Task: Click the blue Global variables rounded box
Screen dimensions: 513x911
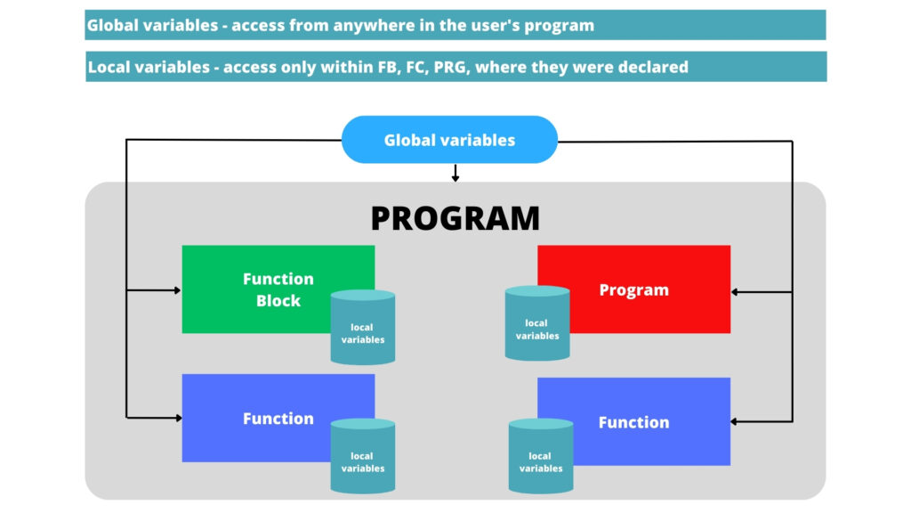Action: (449, 140)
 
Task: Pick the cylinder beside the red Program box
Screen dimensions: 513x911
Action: (536, 324)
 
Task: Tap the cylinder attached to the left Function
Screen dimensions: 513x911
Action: (362, 456)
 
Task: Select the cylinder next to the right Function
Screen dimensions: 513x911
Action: (541, 456)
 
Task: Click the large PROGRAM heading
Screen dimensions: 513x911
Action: (455, 218)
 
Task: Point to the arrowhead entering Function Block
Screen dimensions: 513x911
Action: (176, 290)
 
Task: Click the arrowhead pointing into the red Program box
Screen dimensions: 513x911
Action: (736, 291)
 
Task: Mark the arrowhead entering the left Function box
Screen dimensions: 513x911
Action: (176, 416)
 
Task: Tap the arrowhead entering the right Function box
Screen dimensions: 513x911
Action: (736, 421)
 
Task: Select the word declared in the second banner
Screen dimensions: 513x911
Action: (654, 67)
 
